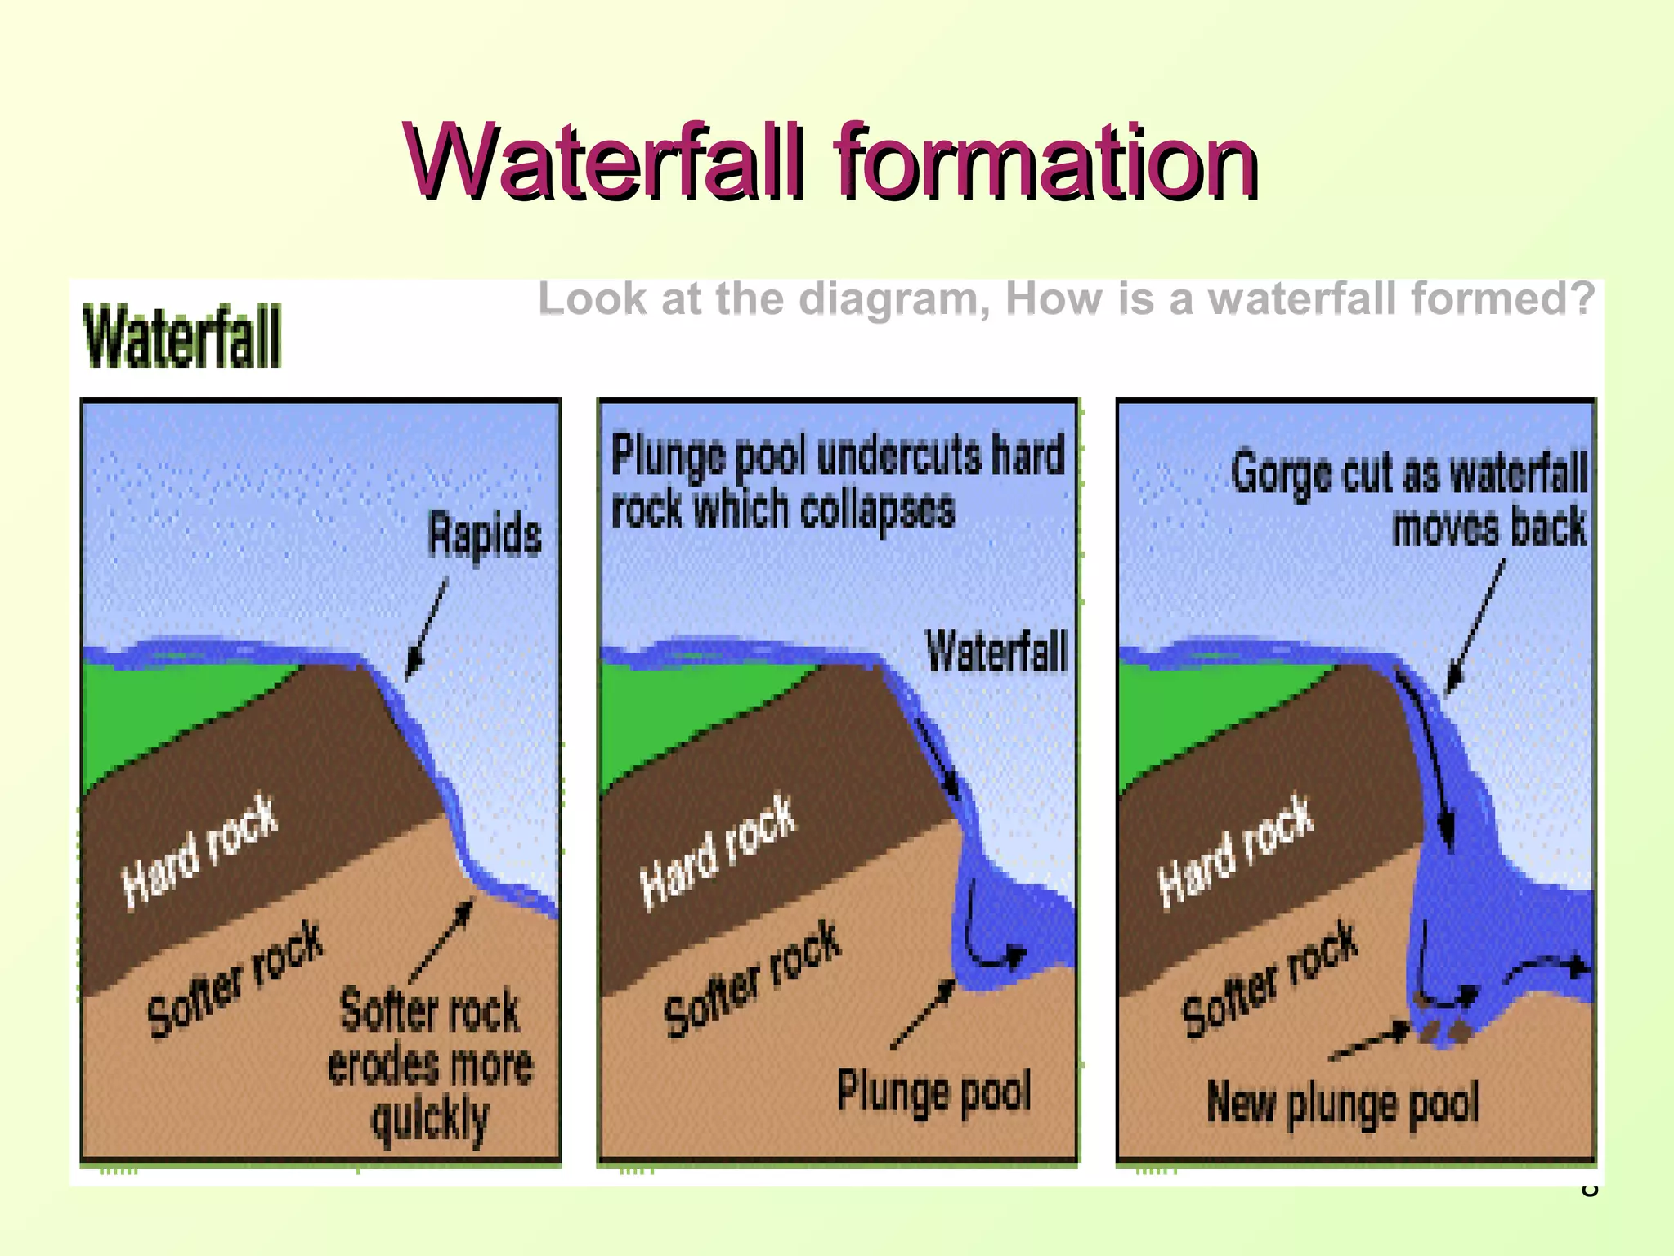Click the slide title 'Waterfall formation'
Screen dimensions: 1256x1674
click(830, 160)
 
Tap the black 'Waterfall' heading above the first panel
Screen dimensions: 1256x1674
click(182, 336)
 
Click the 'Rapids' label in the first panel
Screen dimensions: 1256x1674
click(485, 535)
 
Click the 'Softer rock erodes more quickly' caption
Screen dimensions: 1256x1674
click(430, 1065)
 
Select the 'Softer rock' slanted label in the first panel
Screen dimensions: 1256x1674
click(235, 979)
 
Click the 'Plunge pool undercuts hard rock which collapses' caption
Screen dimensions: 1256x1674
click(837, 482)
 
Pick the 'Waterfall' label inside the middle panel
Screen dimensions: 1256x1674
click(996, 652)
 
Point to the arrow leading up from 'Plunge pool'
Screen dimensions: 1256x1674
click(923, 1014)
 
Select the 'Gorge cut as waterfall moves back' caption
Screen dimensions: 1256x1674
click(1409, 499)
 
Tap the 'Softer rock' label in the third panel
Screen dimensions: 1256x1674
click(1270, 979)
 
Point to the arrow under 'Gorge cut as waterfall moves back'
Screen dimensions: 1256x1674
click(1475, 626)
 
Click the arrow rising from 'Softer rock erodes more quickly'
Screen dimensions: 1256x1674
click(441, 940)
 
